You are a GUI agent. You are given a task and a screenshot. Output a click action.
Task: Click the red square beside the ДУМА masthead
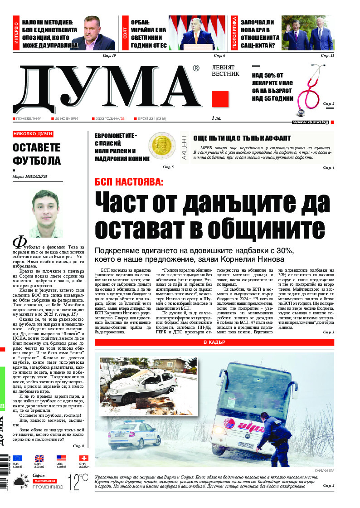pyautogui.click(x=220, y=98)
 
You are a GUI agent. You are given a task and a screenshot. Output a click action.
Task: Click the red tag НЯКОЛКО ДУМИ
pyautogui.click(x=33, y=134)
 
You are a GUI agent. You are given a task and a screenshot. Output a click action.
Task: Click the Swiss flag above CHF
pyautogui.click(x=83, y=458)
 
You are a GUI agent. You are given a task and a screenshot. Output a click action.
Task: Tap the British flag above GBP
pyautogui.click(x=39, y=458)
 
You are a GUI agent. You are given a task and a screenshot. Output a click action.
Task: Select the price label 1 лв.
pyautogui.click(x=216, y=118)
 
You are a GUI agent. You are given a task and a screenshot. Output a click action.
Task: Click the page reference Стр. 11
pyautogui.click(x=327, y=55)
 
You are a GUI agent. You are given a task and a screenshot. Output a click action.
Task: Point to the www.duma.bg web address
pyautogui.click(x=310, y=122)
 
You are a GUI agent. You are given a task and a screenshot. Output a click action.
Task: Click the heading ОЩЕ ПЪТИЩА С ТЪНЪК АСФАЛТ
pyautogui.click(x=242, y=138)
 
